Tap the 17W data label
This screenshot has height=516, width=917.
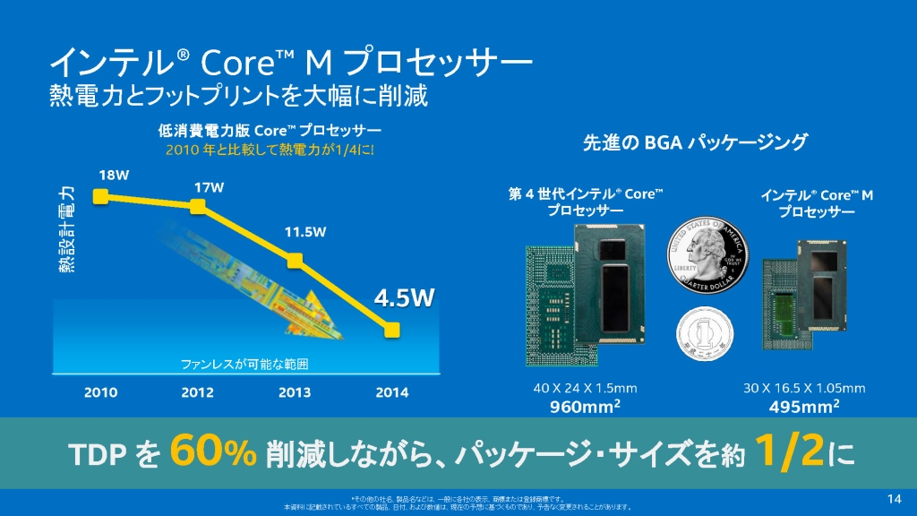click(x=209, y=187)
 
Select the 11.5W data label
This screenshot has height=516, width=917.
click(x=305, y=232)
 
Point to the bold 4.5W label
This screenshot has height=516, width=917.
click(x=403, y=298)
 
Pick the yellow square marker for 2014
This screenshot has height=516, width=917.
click(x=391, y=331)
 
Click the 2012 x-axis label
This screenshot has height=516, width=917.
click(x=198, y=392)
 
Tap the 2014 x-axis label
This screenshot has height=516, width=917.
click(x=391, y=392)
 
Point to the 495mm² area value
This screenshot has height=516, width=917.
click(x=804, y=408)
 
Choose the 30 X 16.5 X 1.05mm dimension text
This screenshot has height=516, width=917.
click(x=804, y=388)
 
